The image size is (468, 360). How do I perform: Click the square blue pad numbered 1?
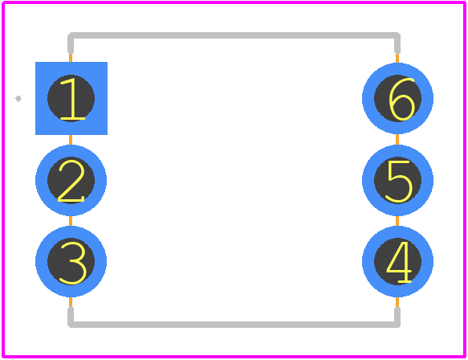[71, 98]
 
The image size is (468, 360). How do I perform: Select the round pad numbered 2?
[71, 180]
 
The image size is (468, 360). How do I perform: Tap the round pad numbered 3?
[71, 261]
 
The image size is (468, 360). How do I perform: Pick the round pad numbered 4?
[397, 261]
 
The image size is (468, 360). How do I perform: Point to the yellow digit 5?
[399, 182]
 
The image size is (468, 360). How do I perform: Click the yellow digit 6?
[401, 99]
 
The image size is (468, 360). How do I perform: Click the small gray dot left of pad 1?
[18, 99]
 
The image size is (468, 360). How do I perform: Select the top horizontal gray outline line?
[234, 35]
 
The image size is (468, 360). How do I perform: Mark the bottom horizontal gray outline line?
[234, 325]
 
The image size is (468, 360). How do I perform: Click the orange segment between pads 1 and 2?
[71, 140]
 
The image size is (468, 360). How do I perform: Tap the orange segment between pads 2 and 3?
[71, 221]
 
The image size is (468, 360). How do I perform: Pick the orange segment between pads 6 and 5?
[397, 140]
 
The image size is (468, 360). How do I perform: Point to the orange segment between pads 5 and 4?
[397, 221]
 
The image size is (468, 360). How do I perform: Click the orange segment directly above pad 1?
[71, 58]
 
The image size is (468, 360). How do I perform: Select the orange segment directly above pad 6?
[397, 58]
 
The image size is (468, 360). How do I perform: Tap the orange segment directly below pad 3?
[71, 302]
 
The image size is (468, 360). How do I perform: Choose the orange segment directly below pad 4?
[397, 302]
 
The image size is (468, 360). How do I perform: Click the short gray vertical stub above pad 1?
[71, 43]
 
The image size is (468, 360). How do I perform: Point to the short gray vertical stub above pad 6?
[397, 43]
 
